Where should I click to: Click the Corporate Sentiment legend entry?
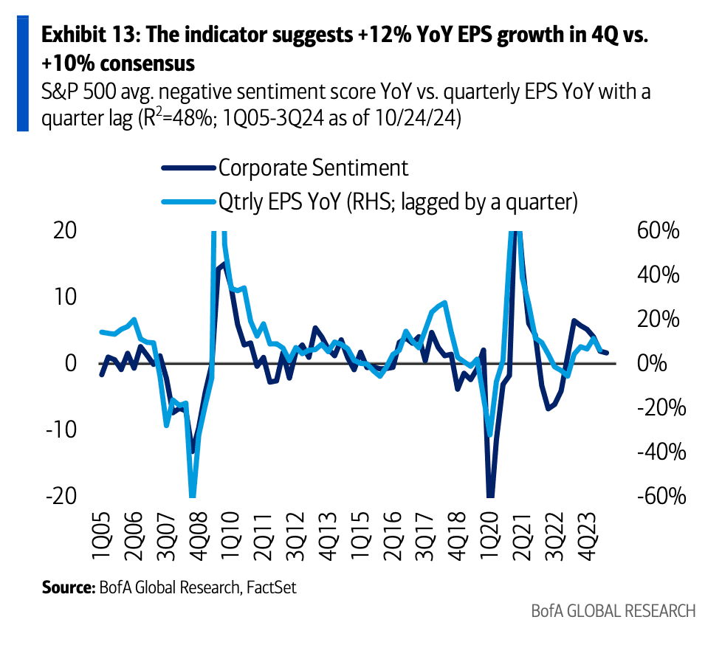click(x=312, y=168)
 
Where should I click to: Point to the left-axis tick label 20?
click(x=65, y=230)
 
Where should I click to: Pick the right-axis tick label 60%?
click(x=657, y=230)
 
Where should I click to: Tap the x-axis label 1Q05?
click(x=103, y=534)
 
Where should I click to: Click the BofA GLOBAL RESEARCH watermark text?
click(x=613, y=611)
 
